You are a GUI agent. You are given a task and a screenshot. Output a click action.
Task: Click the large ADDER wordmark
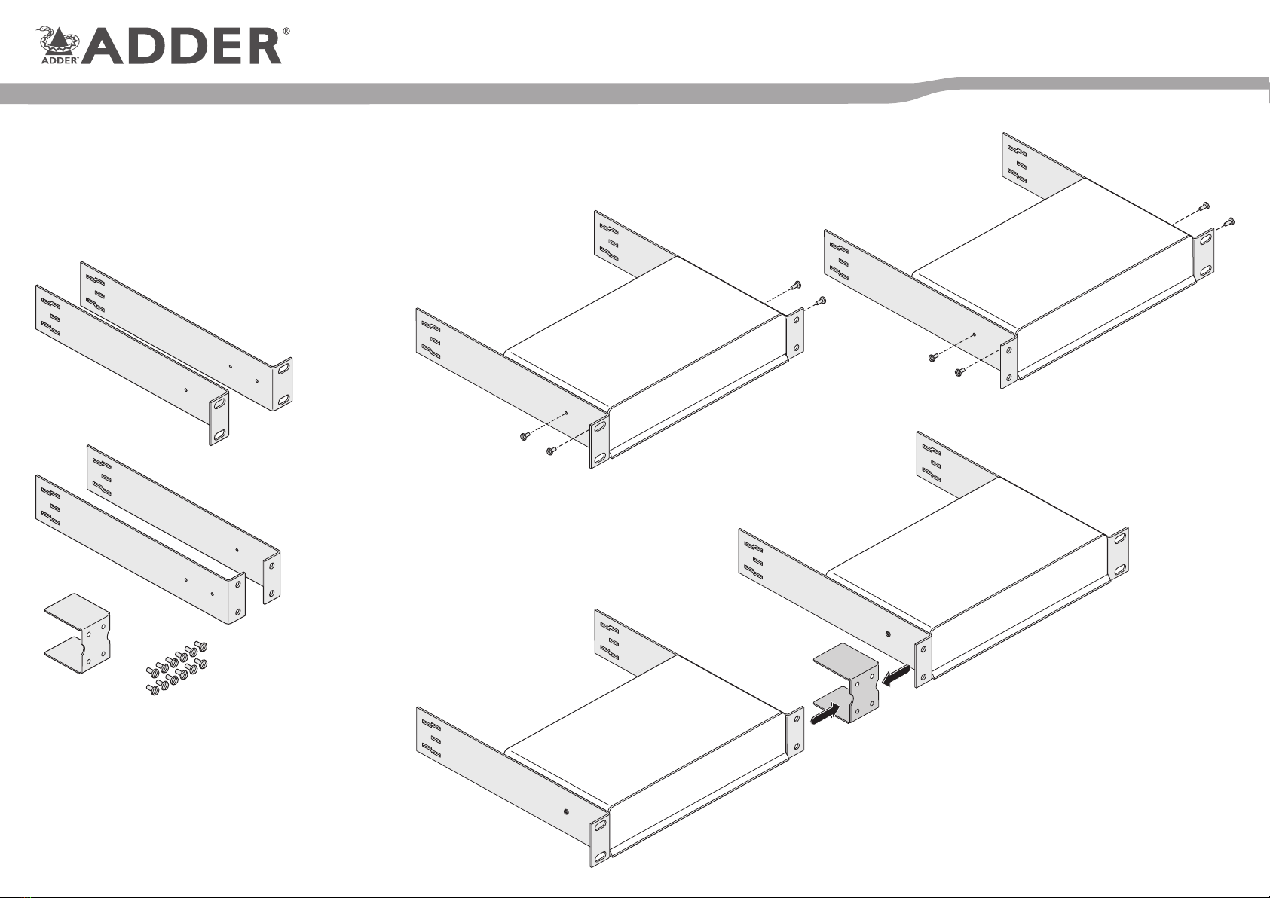pyautogui.click(x=183, y=47)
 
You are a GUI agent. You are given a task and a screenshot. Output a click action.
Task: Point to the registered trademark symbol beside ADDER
pyautogui.click(x=286, y=32)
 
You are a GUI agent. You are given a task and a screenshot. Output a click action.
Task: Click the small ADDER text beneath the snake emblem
pyautogui.click(x=59, y=60)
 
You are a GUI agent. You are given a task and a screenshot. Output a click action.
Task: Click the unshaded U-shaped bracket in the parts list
pyautogui.click(x=78, y=634)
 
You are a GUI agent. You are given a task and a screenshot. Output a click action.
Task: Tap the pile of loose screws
pyautogui.click(x=176, y=668)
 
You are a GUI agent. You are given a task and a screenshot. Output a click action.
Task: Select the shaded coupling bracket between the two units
pyautogui.click(x=846, y=683)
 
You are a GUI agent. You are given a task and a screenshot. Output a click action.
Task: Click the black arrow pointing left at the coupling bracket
pyautogui.click(x=896, y=675)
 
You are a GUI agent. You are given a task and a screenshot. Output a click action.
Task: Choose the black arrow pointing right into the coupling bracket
pyautogui.click(x=825, y=712)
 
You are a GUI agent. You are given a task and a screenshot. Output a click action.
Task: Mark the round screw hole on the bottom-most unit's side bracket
pyautogui.click(x=566, y=811)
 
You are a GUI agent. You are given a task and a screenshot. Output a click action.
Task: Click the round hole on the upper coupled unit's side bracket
pyautogui.click(x=888, y=634)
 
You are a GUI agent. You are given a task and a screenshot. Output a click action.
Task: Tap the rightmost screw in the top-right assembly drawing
pyautogui.click(x=1229, y=221)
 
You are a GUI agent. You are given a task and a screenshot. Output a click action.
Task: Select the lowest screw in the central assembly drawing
pyautogui.click(x=549, y=451)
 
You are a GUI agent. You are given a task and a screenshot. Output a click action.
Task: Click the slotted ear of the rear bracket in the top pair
pyautogui.click(x=283, y=384)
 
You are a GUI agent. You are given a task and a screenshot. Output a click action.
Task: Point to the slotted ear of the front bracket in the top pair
pyautogui.click(x=219, y=420)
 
